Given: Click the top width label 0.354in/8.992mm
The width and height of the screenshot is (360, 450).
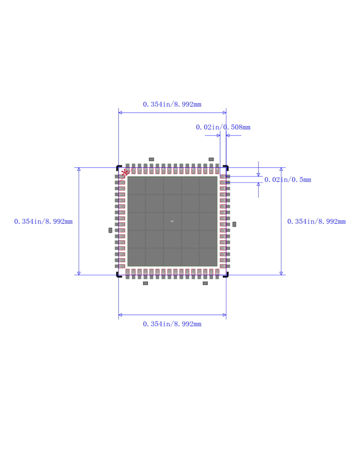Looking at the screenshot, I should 172,104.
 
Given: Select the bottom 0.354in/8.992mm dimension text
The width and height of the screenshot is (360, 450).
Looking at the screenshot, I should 172,324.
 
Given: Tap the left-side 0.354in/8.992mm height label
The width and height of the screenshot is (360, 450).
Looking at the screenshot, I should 43,222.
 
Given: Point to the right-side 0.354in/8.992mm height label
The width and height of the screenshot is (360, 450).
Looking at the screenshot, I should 316,222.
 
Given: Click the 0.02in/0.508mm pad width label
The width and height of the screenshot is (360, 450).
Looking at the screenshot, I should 223,127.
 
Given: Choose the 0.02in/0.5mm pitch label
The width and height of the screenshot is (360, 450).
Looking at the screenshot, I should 288,180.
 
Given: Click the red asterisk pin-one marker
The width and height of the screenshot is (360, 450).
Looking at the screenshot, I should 124,173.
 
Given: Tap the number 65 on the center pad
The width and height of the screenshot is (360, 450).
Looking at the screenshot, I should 172,221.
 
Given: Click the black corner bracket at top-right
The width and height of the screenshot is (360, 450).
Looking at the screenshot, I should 227,167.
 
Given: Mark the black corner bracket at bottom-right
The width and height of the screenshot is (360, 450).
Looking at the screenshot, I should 227,275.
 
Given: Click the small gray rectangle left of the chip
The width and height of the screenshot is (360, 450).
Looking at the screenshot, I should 110,230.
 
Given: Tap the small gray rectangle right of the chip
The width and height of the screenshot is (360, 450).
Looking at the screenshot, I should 234,224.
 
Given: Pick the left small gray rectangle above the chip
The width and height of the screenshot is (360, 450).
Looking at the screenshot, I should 151,159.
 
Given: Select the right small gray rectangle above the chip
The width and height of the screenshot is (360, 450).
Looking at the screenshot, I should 211,159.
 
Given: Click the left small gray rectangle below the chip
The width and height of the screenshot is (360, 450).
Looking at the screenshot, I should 145,283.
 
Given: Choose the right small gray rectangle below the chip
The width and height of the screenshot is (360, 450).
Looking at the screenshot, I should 205,283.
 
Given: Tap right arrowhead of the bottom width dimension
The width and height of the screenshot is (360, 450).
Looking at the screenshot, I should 224,315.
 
